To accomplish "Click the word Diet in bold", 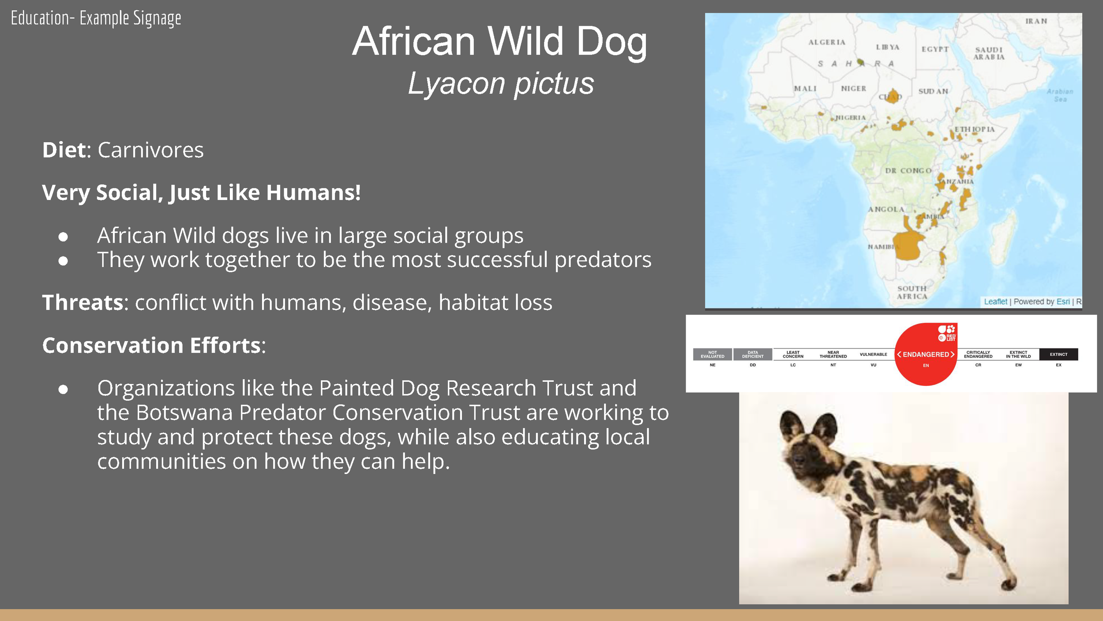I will (64, 150).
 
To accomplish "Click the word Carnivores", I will (150, 150).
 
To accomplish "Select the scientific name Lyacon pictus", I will (501, 83).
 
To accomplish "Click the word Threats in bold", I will (83, 303).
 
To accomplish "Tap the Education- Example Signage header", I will (96, 19).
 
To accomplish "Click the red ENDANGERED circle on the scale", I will (926, 354).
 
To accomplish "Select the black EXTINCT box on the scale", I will (1058, 354).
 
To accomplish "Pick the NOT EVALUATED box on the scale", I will (712, 354).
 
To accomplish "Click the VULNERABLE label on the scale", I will (873, 354).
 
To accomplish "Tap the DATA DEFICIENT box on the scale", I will (752, 354).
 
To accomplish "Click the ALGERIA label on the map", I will (827, 42).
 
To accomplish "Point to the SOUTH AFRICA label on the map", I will (912, 292).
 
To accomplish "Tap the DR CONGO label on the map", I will (908, 171).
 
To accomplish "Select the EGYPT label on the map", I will (935, 49).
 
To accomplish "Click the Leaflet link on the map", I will (995, 301).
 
